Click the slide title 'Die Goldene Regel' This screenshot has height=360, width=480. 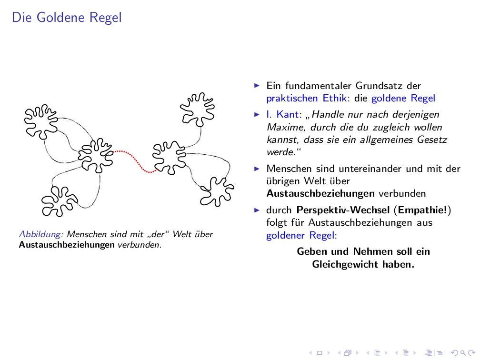[67, 18]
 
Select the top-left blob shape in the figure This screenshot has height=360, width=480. [41, 120]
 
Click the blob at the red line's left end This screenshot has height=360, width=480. [96, 155]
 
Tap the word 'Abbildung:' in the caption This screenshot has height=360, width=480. [41, 234]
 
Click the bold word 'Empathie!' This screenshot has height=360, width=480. [423, 210]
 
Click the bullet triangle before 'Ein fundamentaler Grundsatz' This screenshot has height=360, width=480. [257, 86]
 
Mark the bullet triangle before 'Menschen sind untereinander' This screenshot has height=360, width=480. [257, 169]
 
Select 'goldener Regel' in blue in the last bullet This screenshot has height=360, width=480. [300, 235]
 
